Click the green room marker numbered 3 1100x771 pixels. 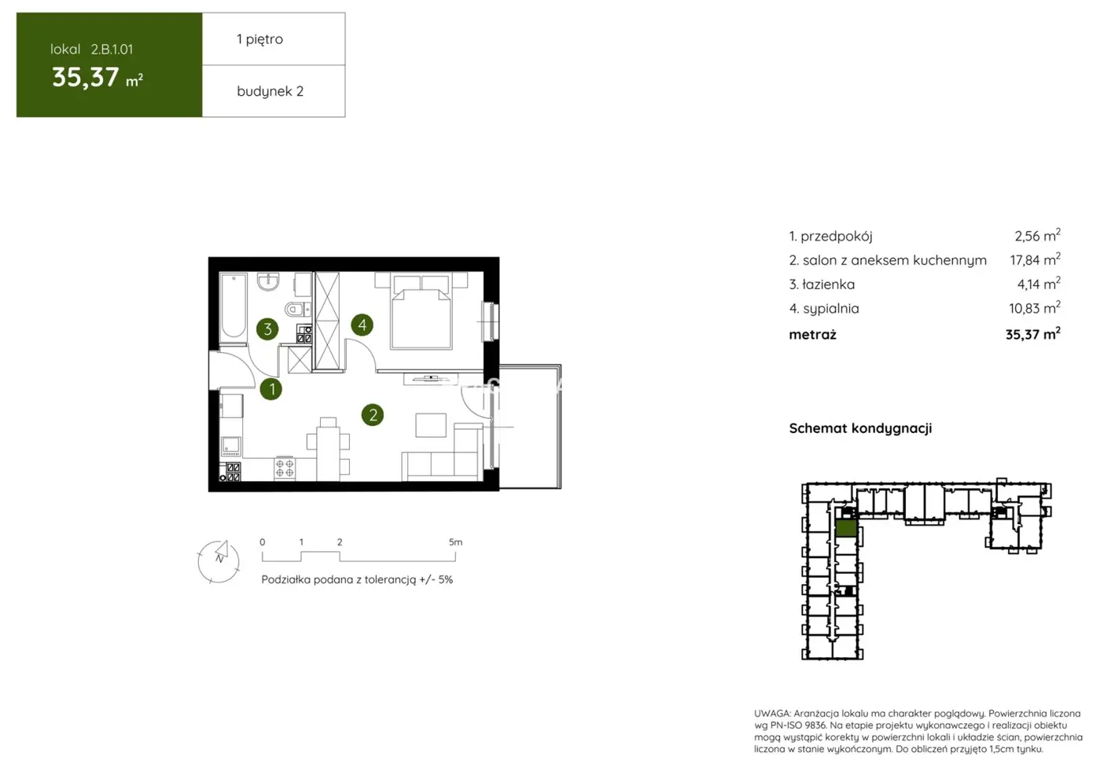coord(267,329)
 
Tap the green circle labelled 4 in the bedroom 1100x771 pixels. coord(362,324)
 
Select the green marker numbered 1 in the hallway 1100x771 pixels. coord(271,388)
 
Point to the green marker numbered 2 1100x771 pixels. coord(373,415)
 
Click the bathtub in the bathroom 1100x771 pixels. coord(234,306)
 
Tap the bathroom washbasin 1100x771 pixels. coord(268,281)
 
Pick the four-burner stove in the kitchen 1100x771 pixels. coord(285,468)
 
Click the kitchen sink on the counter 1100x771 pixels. coord(230,446)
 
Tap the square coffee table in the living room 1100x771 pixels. coord(431,424)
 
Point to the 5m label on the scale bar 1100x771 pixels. coord(455,542)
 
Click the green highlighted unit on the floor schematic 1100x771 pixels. coord(846,527)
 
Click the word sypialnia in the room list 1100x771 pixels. coord(830,309)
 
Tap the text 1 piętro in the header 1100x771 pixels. coord(259,39)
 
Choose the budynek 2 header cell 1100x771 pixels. coord(270,91)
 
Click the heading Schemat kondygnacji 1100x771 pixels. coord(860,428)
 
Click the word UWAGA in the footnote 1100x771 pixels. coord(771,714)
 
